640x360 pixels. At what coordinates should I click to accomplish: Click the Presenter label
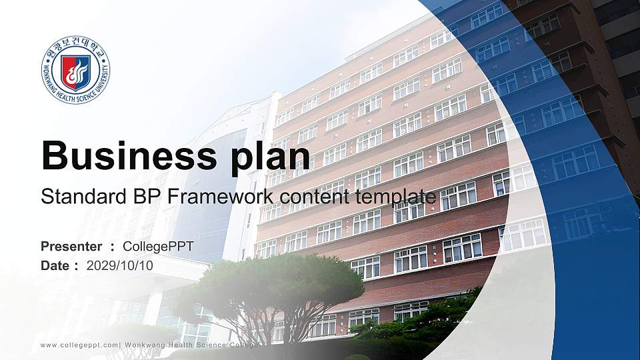tap(71, 247)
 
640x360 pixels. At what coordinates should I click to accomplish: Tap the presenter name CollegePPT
tap(158, 247)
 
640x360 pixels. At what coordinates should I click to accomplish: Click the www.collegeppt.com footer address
tap(79, 345)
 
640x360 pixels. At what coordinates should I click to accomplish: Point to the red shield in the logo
tap(75, 72)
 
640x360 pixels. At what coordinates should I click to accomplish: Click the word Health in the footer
tap(189, 345)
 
